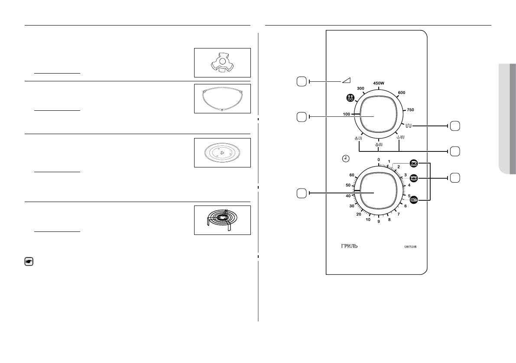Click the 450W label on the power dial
pos(379,83)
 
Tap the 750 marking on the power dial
pos(410,110)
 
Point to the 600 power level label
pos(401,92)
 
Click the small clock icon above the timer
pos(345,160)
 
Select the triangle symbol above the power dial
pos(346,80)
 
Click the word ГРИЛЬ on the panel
pos(349,247)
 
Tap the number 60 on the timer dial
pos(351,176)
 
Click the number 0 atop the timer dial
pos(379,160)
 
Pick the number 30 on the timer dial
pos(352,206)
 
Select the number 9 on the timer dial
pos(379,222)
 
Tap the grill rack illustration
pos(222,220)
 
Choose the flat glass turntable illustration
pos(222,153)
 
